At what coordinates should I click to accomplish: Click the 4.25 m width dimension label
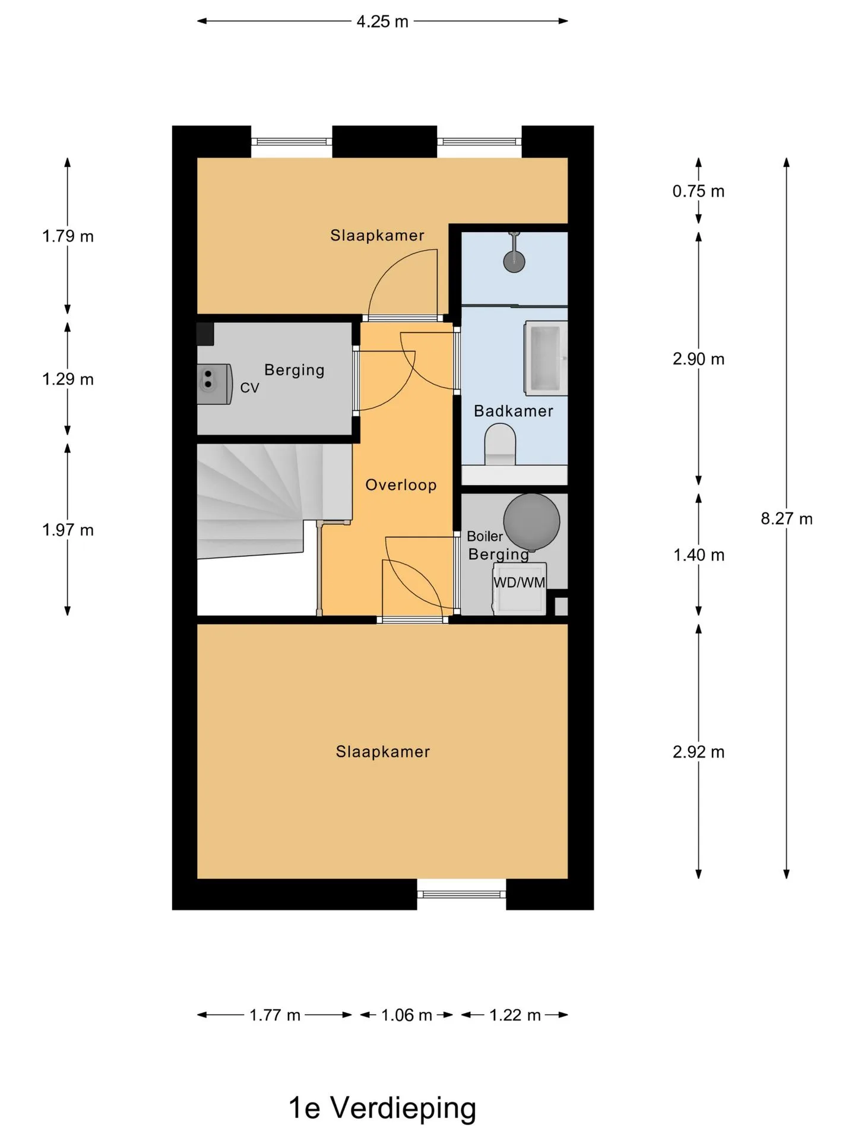[382, 22]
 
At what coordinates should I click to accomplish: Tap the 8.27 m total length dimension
[787, 519]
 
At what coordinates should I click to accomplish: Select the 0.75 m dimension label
[698, 191]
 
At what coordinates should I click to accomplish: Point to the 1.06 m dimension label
[407, 1015]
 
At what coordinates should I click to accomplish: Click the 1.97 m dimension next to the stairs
[68, 530]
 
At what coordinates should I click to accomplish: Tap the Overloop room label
[401, 485]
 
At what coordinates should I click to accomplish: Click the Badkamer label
[514, 411]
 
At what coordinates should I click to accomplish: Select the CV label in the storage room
[249, 388]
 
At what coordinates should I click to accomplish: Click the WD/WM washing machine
[520, 588]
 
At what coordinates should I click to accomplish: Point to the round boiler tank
[531, 521]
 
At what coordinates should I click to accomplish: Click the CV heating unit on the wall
[214, 384]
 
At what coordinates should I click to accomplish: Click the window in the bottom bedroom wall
[461, 894]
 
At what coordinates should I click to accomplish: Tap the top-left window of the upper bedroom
[292, 141]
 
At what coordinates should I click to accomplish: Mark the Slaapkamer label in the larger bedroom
[383, 752]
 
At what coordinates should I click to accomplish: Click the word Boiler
[484, 536]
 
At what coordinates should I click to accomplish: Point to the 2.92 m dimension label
[698, 752]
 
